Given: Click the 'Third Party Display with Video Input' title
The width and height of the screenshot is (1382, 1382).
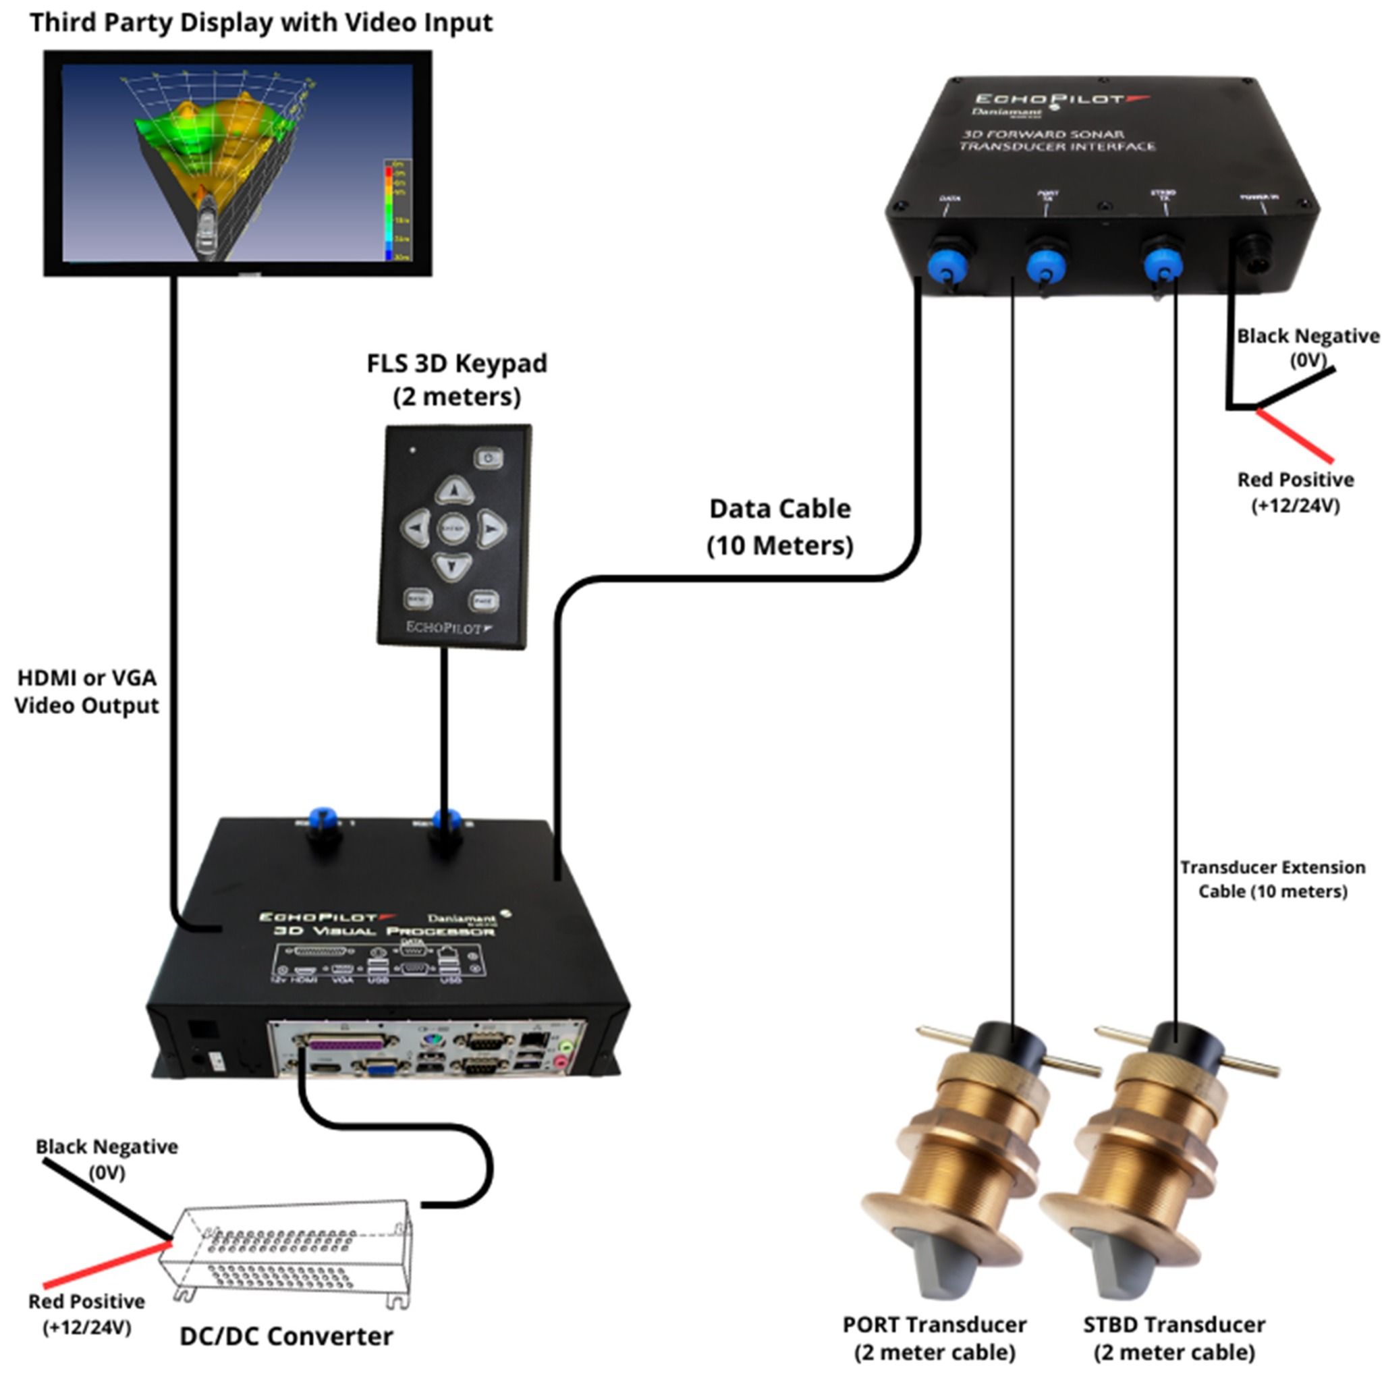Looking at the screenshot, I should click(x=261, y=22).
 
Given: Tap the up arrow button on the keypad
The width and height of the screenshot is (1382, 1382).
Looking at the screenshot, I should click(x=453, y=491).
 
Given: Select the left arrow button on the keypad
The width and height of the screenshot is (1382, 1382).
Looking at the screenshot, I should click(x=416, y=528).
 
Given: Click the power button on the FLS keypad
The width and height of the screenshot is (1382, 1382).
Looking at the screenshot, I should click(x=489, y=457).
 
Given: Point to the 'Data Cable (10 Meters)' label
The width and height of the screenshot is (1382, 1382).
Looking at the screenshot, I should click(x=779, y=526).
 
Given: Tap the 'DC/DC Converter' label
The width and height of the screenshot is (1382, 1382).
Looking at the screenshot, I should click(x=286, y=1335).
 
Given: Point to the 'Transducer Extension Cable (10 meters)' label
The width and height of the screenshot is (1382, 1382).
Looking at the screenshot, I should click(x=1273, y=879).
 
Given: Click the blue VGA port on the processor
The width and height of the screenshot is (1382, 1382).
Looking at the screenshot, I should click(x=382, y=1068).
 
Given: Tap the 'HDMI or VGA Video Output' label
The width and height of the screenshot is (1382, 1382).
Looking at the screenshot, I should click(x=86, y=691).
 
